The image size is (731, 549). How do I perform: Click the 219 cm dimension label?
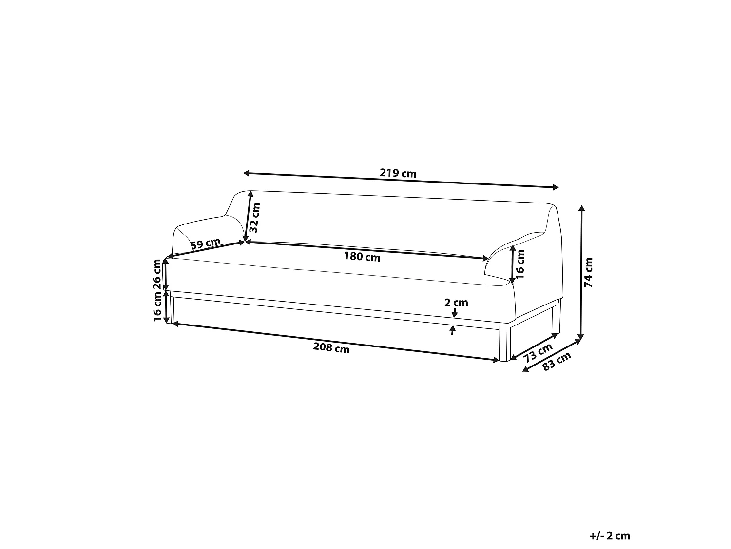tap(398, 173)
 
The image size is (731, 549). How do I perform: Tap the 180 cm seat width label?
tap(362, 257)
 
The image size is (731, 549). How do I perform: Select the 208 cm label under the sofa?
tap(331, 348)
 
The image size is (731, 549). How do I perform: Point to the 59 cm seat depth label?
tap(206, 244)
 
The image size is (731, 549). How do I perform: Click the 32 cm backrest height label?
tap(255, 218)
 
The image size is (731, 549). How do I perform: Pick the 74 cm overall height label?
tap(589, 272)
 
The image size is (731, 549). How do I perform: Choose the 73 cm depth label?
tap(538, 353)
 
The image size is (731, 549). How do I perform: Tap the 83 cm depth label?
tap(557, 362)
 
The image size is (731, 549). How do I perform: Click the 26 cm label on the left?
tap(157, 274)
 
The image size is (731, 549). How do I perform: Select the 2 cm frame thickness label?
tap(456, 303)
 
